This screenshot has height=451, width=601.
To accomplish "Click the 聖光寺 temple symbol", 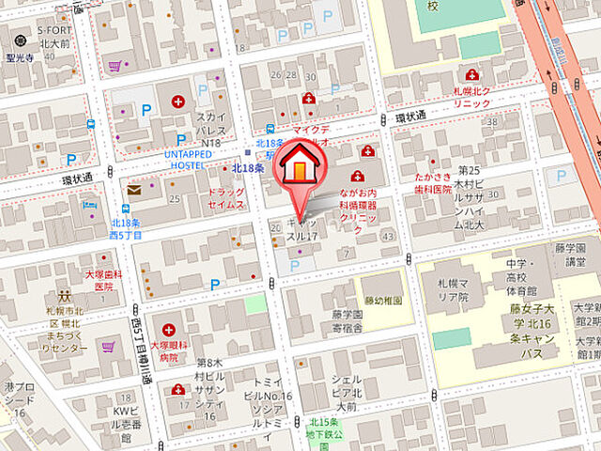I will (21, 43).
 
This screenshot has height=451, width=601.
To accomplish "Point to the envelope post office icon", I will (135, 190).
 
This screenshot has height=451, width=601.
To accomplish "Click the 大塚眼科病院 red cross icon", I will (169, 330).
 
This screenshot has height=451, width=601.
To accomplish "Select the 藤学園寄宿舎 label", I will (348, 322).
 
